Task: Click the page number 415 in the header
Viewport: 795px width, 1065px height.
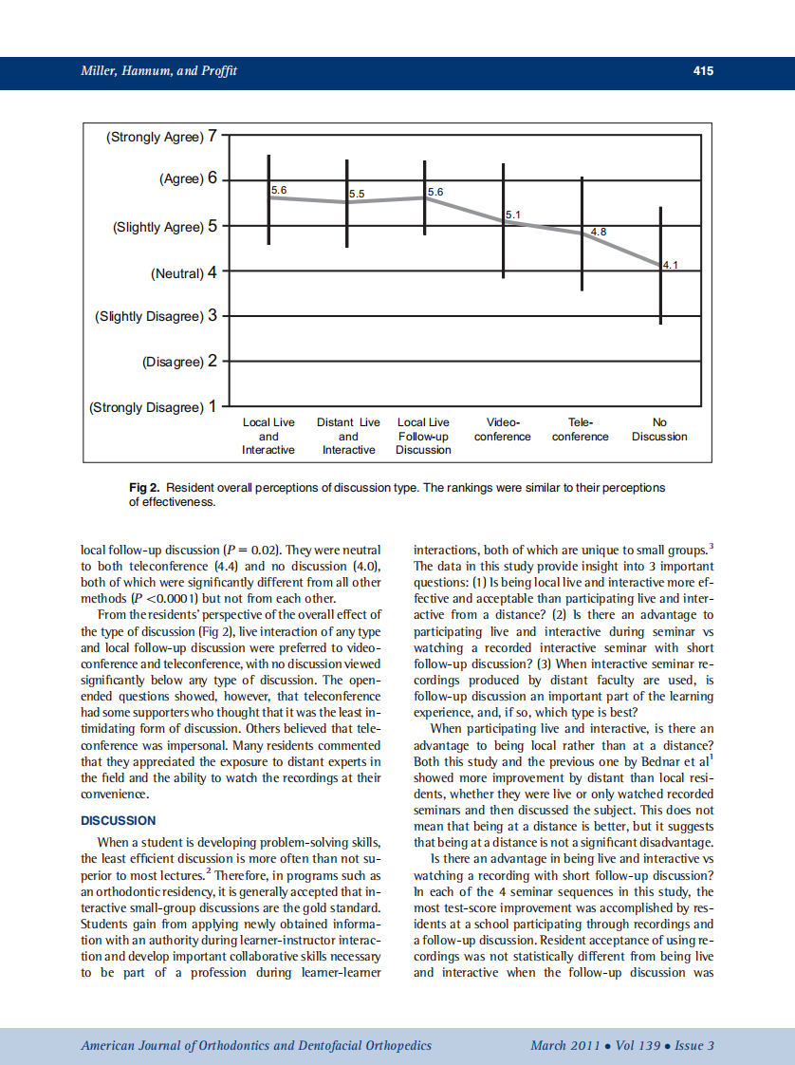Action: coord(702,70)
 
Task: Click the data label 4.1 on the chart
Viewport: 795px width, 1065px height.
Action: coord(671,266)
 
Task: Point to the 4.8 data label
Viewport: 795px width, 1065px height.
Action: coord(599,232)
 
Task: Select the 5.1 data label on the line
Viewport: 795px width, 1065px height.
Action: coord(512,215)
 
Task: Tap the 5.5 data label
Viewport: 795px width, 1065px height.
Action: coord(357,194)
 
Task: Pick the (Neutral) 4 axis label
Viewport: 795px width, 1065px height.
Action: coord(184,273)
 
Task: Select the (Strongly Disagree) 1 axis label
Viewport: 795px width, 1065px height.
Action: coord(153,407)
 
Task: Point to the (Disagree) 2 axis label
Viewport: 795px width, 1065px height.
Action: coord(179,362)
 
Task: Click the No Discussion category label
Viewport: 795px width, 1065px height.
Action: coord(659,429)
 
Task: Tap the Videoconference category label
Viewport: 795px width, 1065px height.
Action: coord(502,429)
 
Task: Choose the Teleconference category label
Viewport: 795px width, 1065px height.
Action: coord(581,429)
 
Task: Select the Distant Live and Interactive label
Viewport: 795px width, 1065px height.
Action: coord(348,436)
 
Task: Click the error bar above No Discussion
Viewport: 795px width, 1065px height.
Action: coord(660,266)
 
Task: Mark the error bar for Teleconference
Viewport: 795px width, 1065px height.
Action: coord(582,234)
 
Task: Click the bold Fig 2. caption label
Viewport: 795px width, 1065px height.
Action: coord(144,488)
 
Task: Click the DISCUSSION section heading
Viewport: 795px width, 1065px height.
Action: coord(119,820)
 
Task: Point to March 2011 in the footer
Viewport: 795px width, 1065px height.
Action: coord(566,1046)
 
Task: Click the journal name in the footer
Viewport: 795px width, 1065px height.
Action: coord(256,1046)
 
